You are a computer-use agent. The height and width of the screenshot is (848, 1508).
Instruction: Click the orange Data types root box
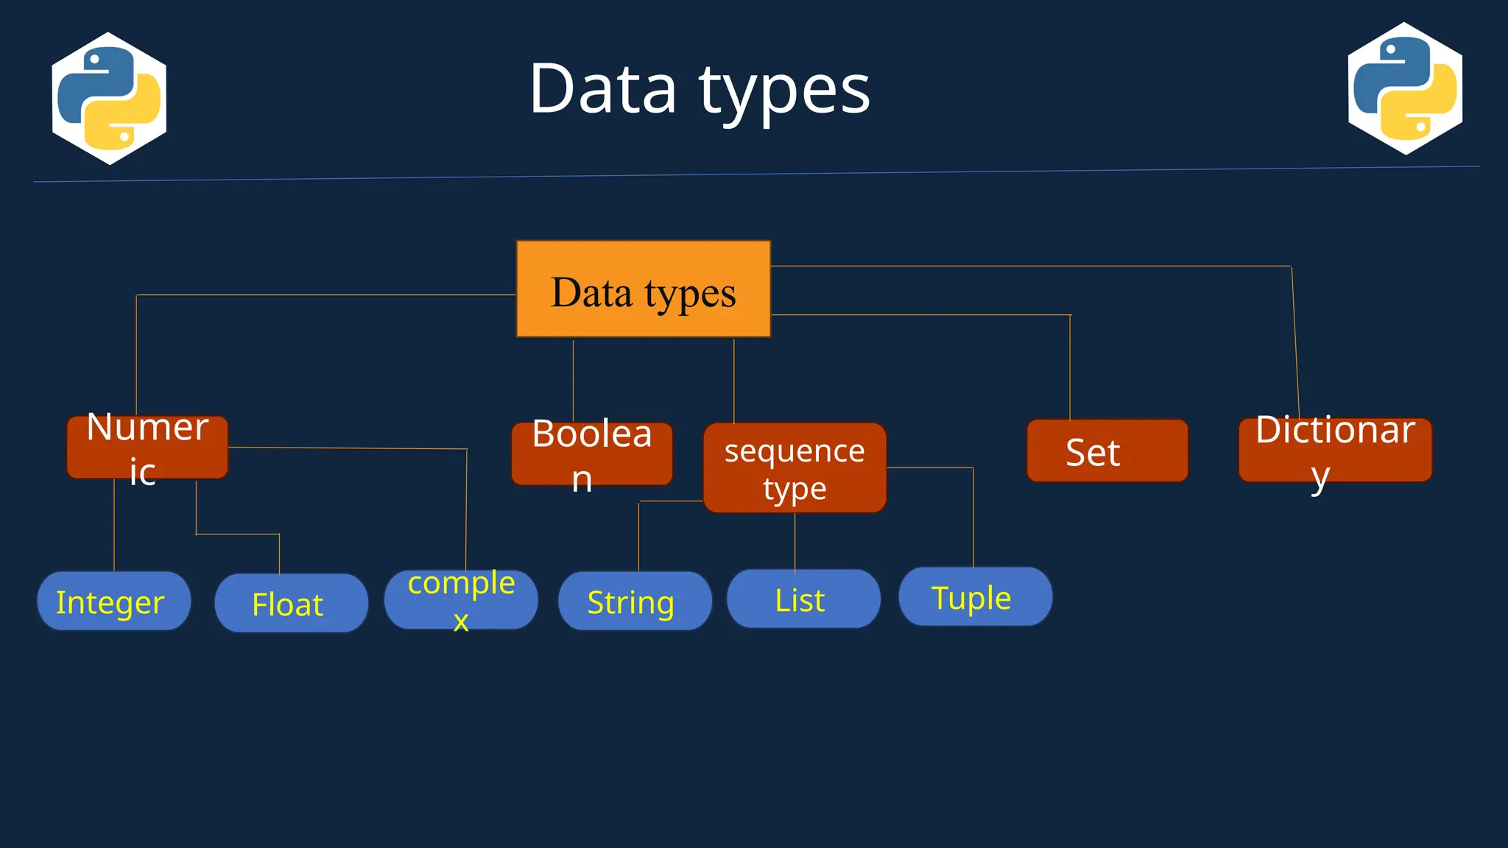[x=643, y=289]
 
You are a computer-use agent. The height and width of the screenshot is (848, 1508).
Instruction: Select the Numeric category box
[x=147, y=448]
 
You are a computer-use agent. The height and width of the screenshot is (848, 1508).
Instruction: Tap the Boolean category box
[x=592, y=454]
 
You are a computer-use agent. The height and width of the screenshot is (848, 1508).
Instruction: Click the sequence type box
[x=794, y=468]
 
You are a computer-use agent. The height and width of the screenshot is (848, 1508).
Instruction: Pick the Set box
[x=1107, y=451]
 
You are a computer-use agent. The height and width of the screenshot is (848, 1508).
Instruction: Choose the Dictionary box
[x=1334, y=450]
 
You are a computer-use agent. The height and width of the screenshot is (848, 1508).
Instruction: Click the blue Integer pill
[x=113, y=601]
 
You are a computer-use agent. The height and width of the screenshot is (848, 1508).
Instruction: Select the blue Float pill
[x=291, y=604]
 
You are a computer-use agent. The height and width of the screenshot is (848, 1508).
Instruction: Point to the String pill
[x=635, y=601]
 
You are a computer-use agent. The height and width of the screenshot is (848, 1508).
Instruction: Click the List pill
[x=803, y=599]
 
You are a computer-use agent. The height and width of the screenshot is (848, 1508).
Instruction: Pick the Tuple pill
[x=975, y=597]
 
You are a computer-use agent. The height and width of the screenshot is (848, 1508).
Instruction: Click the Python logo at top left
[x=109, y=99]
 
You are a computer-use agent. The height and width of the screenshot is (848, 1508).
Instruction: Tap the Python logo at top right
[x=1405, y=89]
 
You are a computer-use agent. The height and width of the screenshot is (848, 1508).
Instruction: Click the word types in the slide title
[x=784, y=90]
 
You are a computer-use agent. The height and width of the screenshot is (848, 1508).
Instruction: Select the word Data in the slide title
[x=602, y=90]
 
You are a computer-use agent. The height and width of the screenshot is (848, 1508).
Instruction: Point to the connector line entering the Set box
[x=1070, y=368]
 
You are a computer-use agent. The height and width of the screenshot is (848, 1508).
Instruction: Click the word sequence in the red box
[x=794, y=451]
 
